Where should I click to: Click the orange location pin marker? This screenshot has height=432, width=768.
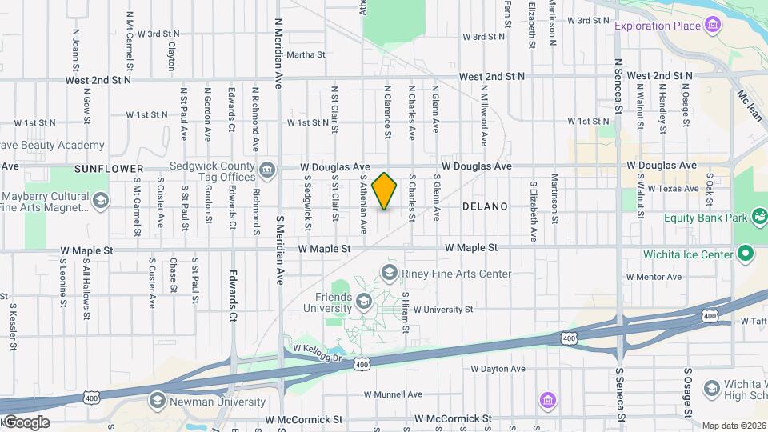[384, 190]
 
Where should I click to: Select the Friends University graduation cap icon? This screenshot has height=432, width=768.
[364, 301]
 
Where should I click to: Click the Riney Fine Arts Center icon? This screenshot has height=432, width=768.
[390, 274]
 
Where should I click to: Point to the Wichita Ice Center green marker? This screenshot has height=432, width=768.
[746, 254]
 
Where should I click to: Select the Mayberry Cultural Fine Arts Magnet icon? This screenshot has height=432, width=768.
[101, 200]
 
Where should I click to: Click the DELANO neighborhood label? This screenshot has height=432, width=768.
[485, 206]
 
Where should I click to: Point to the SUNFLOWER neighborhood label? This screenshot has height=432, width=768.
[109, 169]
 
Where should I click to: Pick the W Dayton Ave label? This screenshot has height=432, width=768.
[498, 369]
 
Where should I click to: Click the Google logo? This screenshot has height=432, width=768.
[26, 422]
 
